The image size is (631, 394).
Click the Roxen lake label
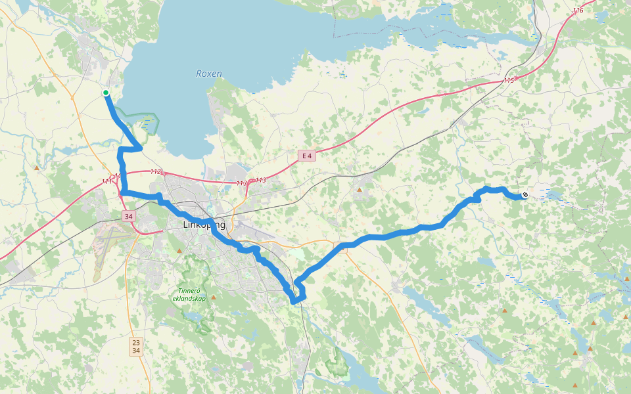pos(209,74)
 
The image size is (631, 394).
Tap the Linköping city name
pos(204,225)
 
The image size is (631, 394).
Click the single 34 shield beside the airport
pos(128,216)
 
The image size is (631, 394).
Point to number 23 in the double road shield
pos(135,342)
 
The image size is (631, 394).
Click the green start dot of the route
pos(106,93)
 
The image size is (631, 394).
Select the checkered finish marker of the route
pos(525,194)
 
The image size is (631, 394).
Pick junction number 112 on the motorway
pos(156,172)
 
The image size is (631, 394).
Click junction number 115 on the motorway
pos(508,80)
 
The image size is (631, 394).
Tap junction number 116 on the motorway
pos(578,11)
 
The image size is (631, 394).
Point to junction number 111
pos(106,182)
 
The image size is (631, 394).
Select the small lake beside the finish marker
pos(552,195)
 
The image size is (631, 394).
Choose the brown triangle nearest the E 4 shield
pos(360,190)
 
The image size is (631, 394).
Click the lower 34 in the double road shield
pos(135,351)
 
